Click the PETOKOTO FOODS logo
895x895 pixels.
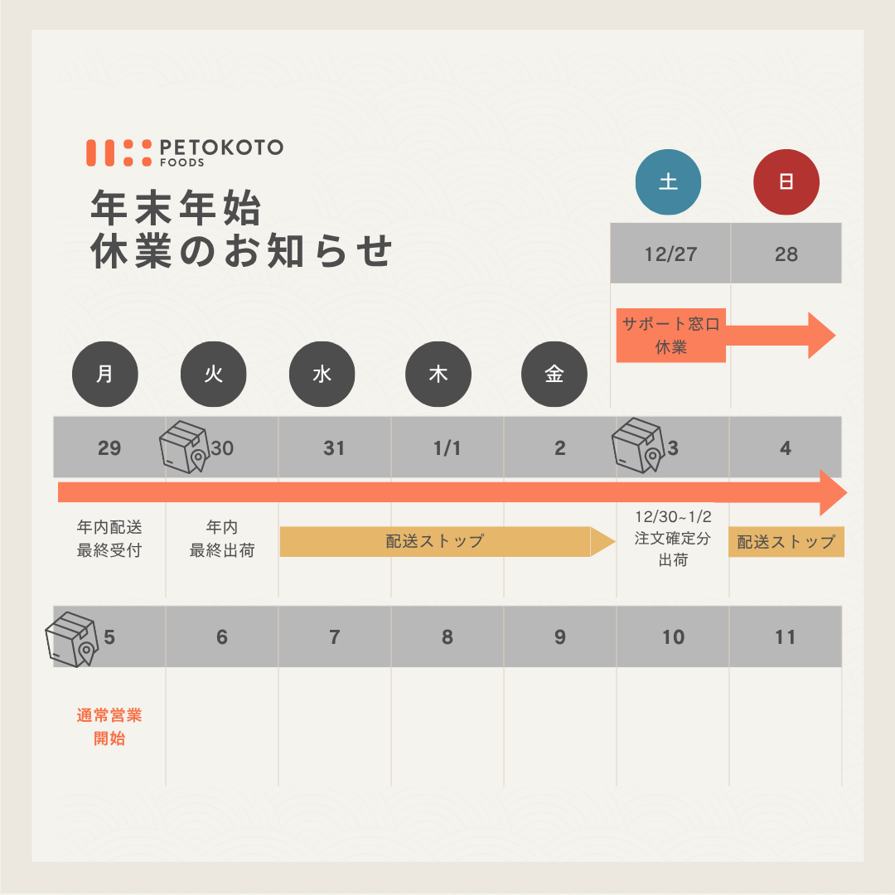coord(184,152)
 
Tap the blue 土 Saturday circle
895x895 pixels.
coord(668,182)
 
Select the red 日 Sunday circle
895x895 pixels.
coord(786,182)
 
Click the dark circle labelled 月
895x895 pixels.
coord(105,374)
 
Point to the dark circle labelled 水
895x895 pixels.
coord(322,374)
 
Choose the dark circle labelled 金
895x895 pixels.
coord(554,374)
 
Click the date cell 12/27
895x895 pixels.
coord(670,254)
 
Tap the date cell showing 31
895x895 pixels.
coord(334,448)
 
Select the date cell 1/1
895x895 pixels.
coord(447,448)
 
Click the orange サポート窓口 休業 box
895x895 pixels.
coord(670,336)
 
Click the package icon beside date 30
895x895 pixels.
coord(184,447)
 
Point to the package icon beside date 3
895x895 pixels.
coord(637,445)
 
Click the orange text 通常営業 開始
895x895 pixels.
coord(109,727)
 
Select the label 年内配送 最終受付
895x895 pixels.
coord(109,539)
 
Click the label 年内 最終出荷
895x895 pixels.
coord(222,539)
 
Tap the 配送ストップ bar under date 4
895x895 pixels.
coord(786,542)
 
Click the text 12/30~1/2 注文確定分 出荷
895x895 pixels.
coord(673,539)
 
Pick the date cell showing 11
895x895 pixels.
coord(785,637)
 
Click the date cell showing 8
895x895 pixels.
coord(447,637)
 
